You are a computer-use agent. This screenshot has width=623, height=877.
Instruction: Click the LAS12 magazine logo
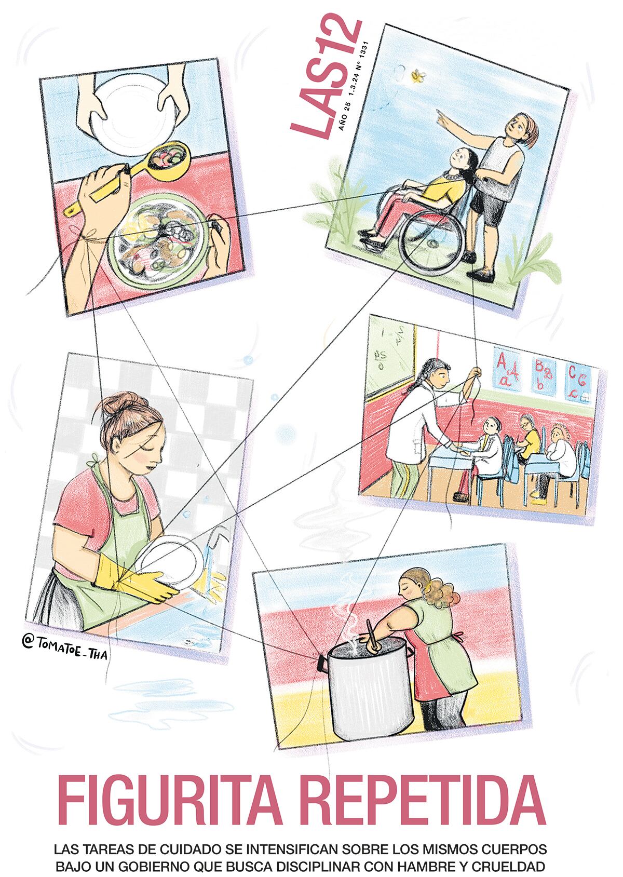(x=325, y=76)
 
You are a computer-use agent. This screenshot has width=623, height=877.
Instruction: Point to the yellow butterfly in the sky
(x=416, y=76)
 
